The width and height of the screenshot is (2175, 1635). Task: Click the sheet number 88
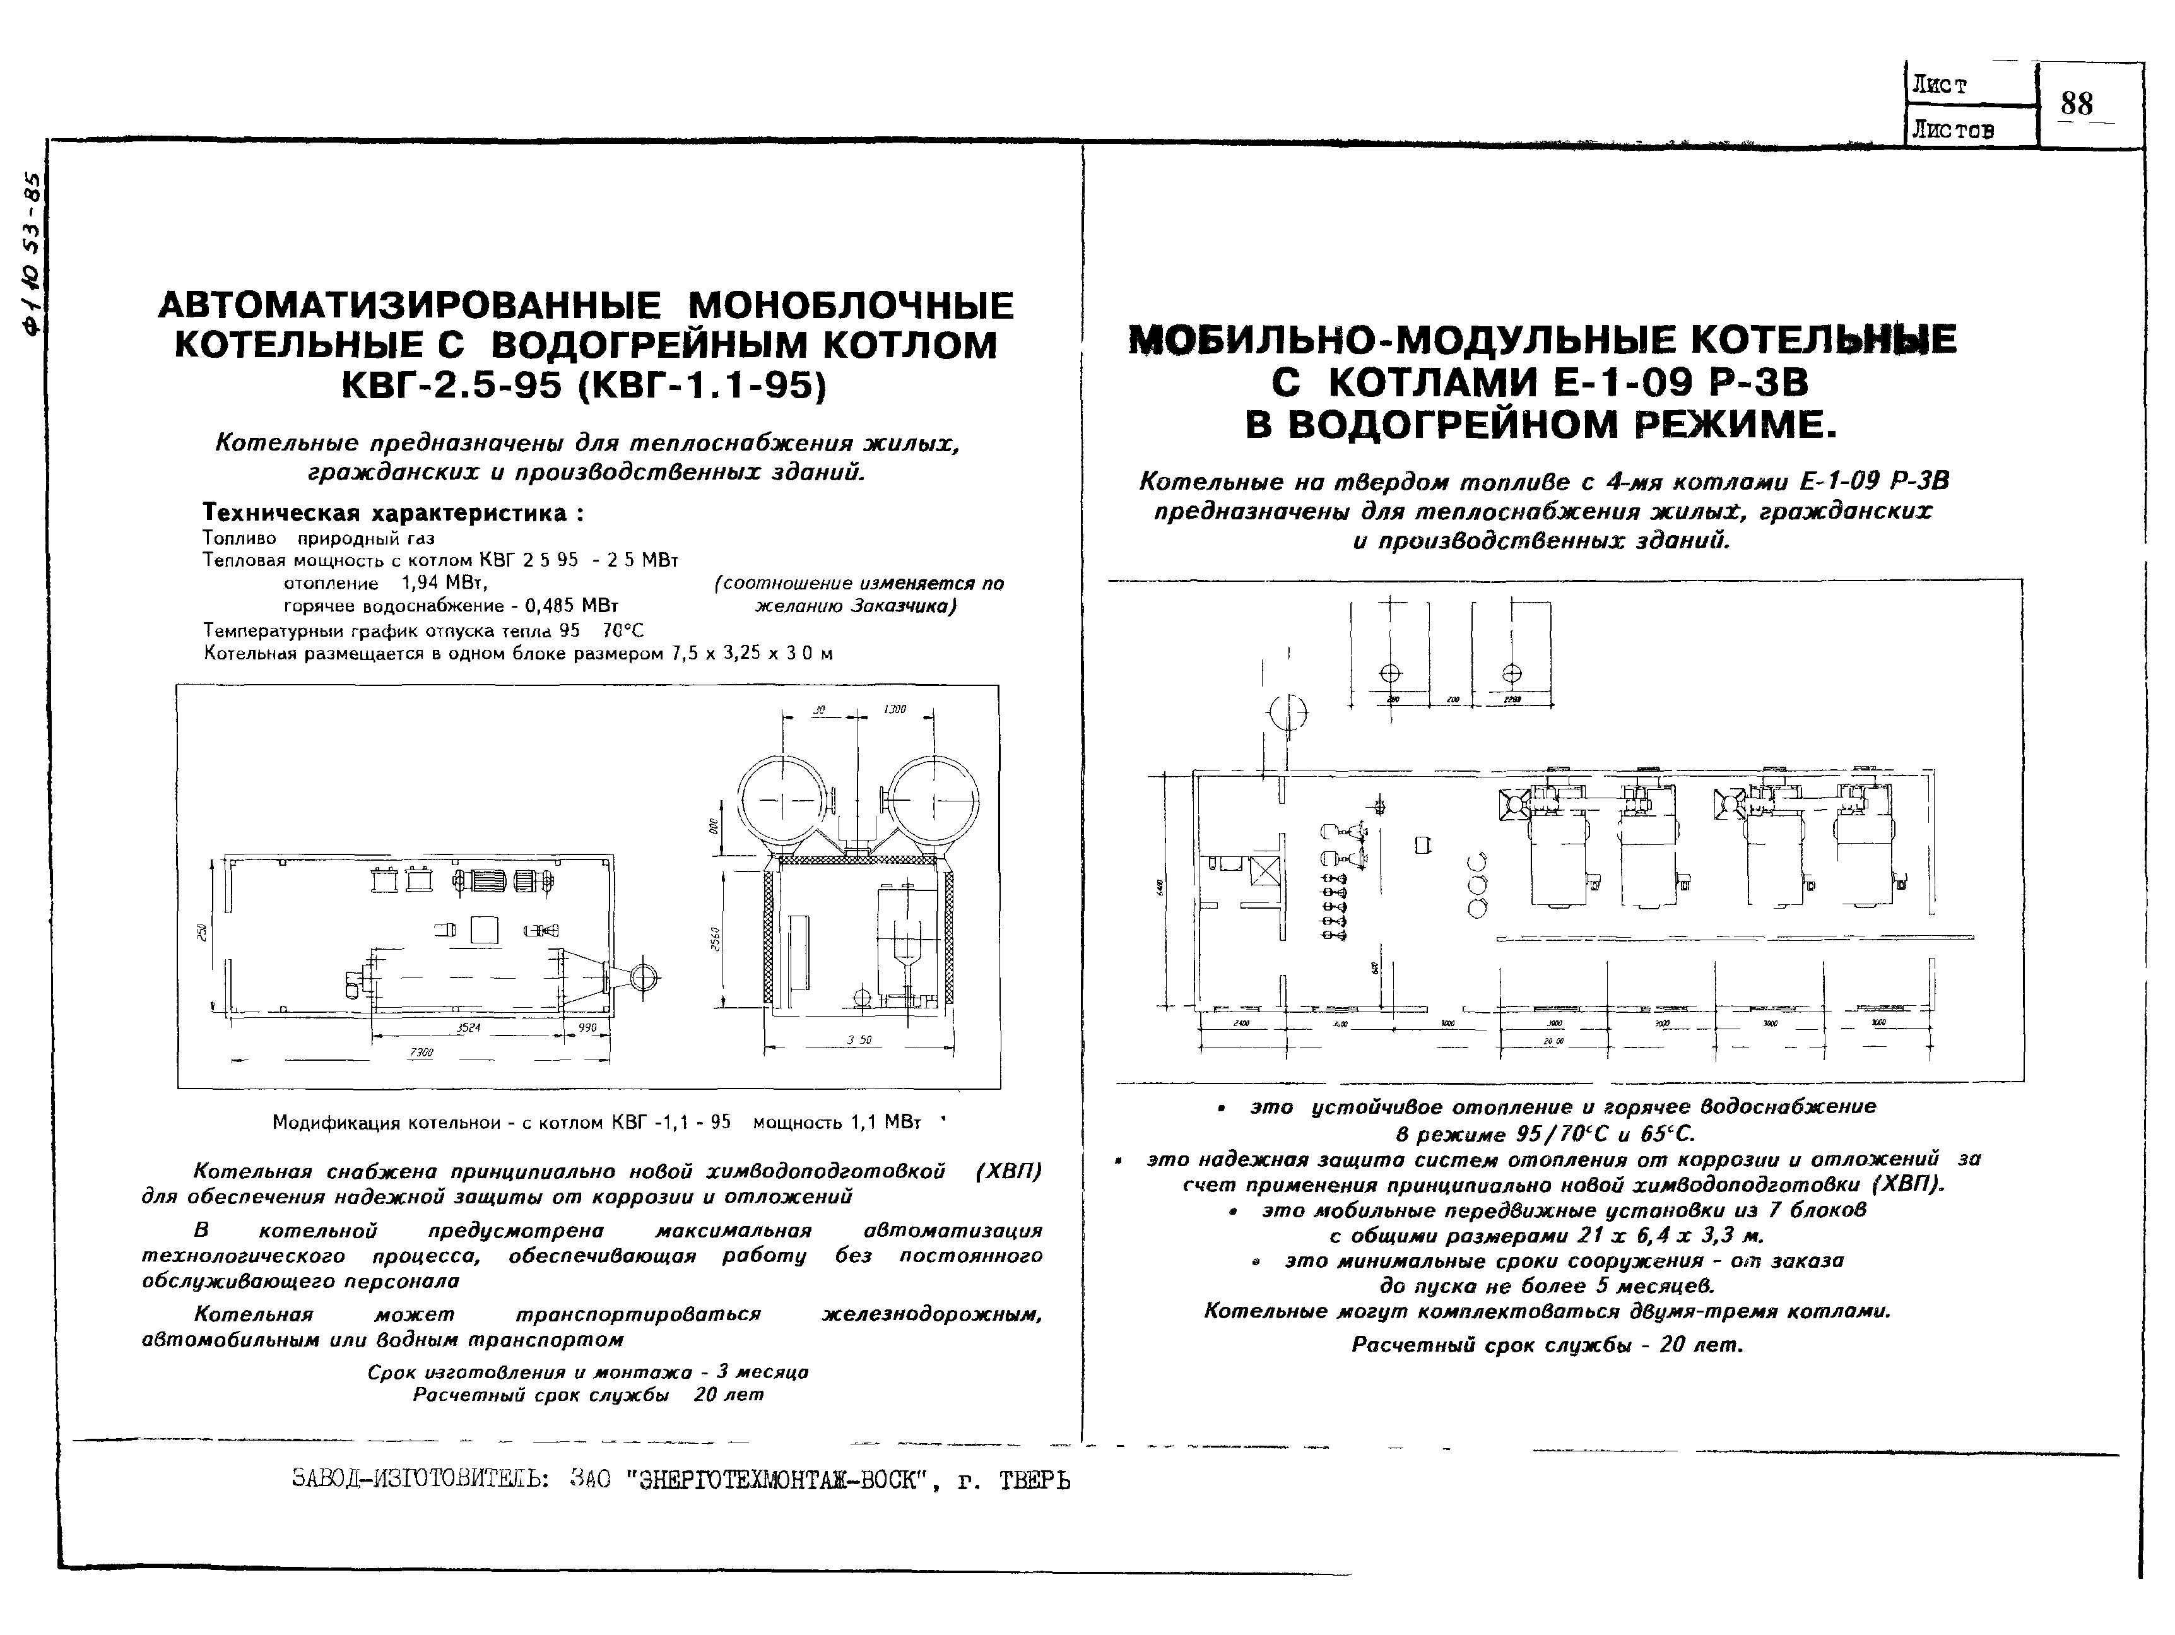point(2077,103)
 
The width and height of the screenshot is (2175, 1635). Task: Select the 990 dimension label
point(587,1027)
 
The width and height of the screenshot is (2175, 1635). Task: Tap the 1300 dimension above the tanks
point(895,709)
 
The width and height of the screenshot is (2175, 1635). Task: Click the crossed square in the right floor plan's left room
point(1263,872)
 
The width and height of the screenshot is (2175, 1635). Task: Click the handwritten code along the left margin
point(35,256)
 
